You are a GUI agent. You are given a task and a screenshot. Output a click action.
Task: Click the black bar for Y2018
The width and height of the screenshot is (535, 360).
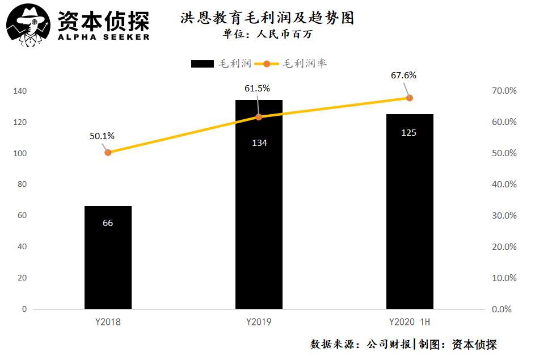click(108, 258)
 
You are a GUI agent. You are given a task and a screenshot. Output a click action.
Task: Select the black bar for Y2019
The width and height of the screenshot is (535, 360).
click(259, 204)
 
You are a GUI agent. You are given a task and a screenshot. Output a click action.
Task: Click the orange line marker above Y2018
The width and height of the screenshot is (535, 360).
click(108, 152)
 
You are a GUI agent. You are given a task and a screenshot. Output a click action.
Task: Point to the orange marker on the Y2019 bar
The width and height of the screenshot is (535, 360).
click(259, 117)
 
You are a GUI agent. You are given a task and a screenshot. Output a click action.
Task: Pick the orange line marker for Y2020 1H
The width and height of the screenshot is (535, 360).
click(410, 98)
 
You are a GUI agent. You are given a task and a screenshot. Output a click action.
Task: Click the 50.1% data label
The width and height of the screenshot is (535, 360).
click(102, 136)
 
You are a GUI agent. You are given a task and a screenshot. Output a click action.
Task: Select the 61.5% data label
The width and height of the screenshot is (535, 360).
click(257, 89)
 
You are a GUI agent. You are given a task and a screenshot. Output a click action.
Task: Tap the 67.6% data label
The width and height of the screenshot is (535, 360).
click(403, 75)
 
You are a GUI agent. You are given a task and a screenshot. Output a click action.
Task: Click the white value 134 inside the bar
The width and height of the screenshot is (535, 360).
click(259, 143)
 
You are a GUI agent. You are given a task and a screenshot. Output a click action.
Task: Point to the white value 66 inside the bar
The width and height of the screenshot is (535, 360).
click(108, 223)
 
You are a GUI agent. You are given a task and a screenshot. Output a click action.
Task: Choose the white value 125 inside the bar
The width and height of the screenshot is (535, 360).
click(408, 133)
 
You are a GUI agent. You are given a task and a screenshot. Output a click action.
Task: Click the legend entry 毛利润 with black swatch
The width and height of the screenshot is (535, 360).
click(221, 64)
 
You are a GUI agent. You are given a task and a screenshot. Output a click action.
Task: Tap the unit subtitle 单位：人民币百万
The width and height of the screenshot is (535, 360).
click(267, 34)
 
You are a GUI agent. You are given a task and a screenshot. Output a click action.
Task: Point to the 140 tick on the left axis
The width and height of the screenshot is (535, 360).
click(20, 91)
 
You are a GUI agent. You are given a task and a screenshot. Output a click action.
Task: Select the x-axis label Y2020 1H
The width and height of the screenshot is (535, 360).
click(409, 323)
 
